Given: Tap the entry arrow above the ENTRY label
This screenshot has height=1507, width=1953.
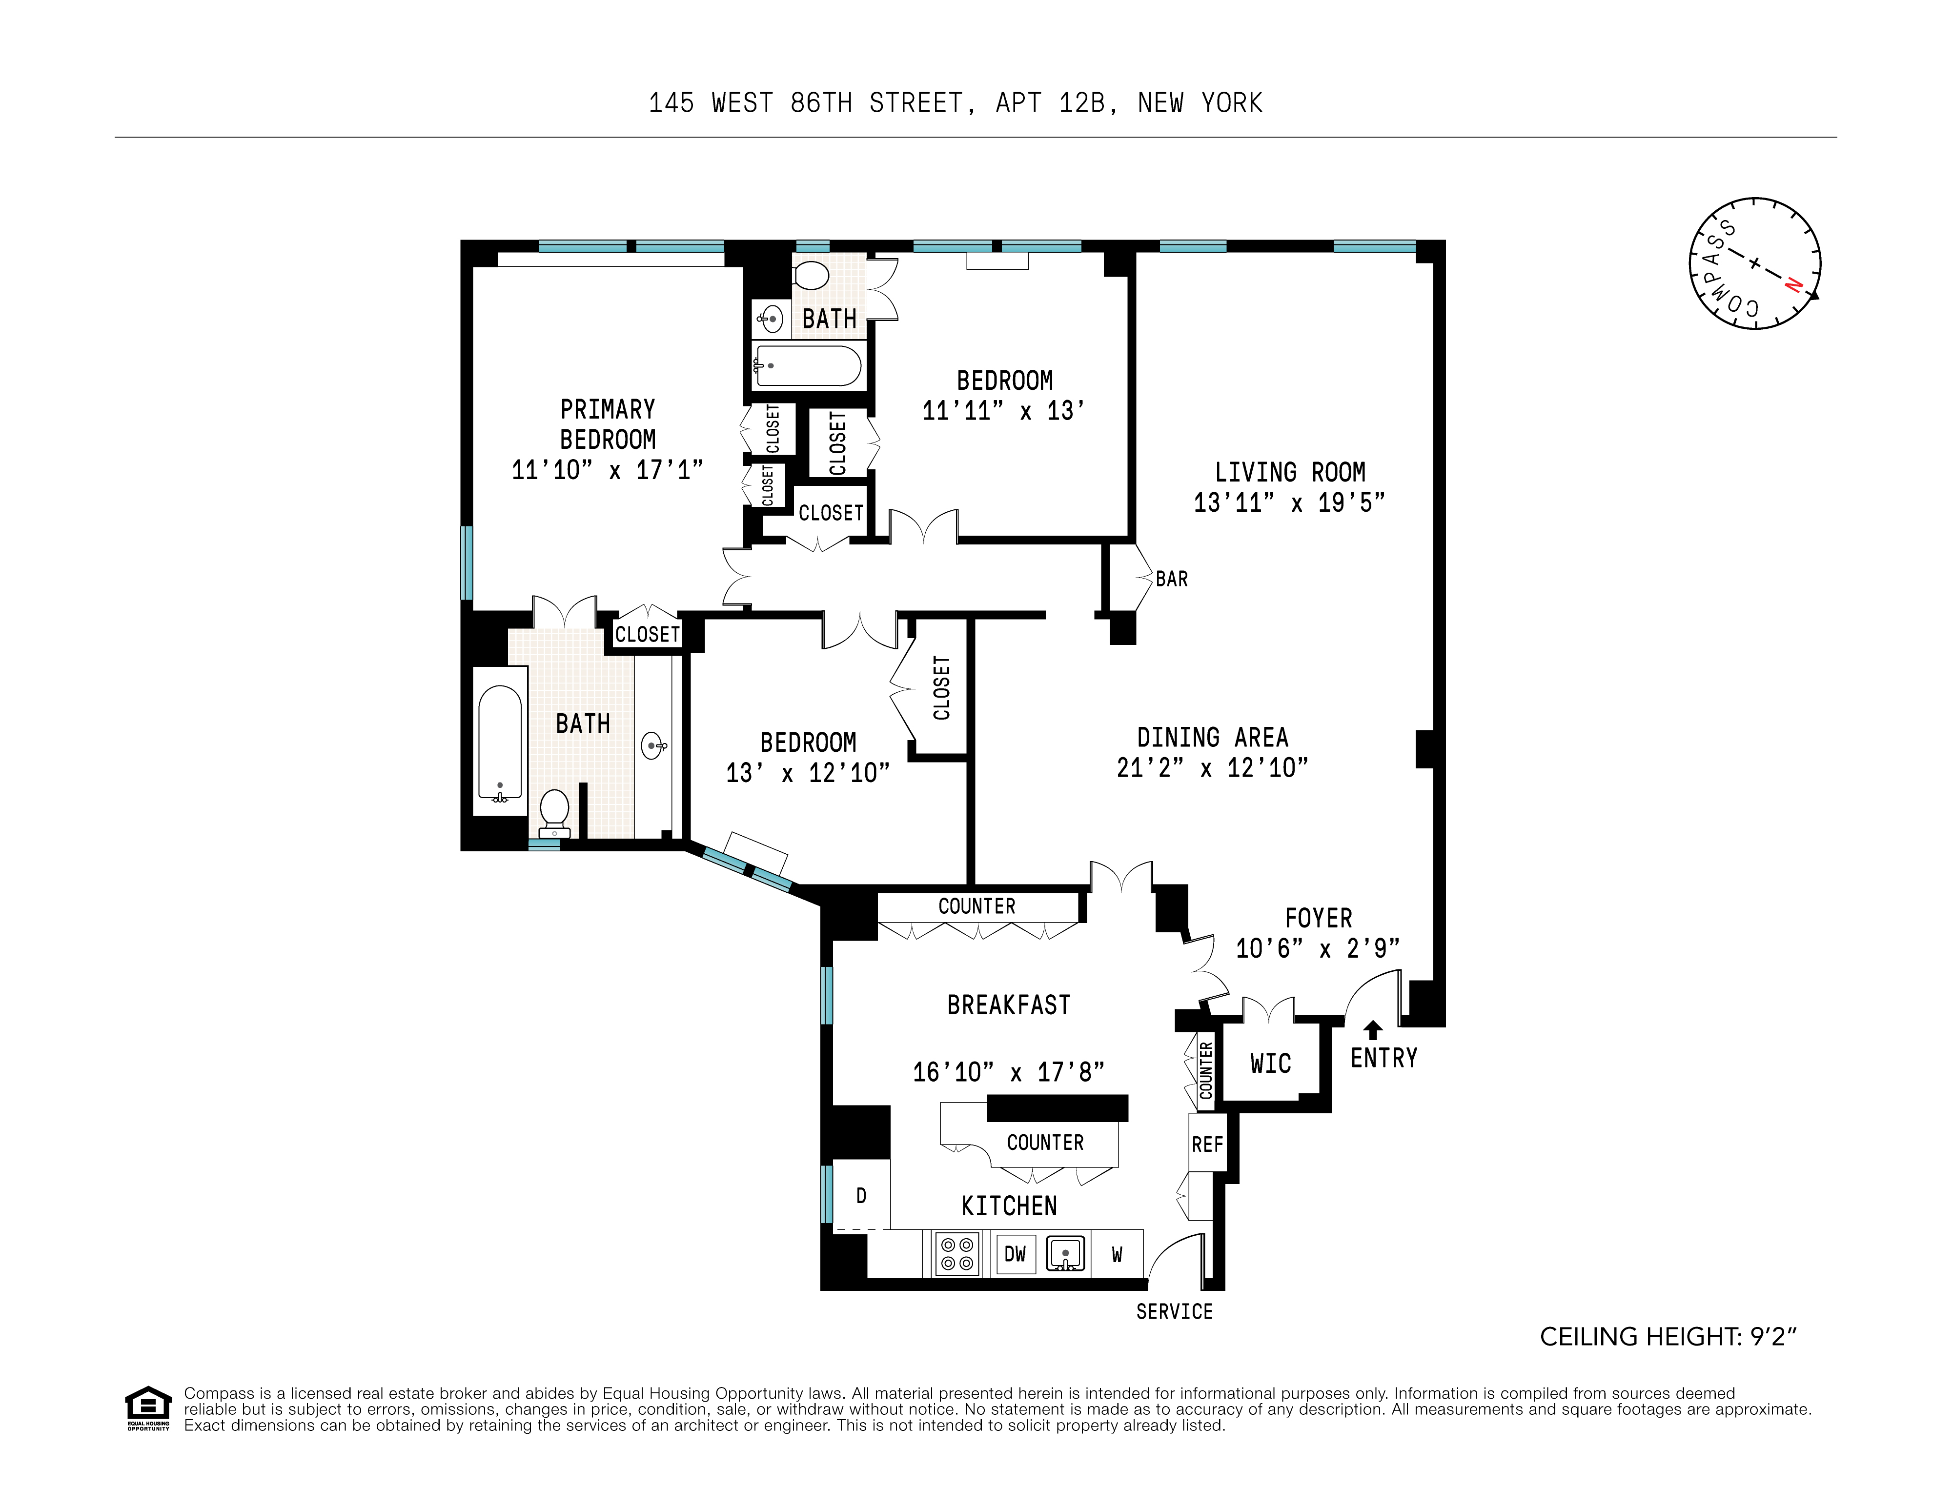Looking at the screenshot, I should click(1373, 1030).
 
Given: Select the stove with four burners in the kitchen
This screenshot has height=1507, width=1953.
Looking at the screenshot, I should click(956, 1253).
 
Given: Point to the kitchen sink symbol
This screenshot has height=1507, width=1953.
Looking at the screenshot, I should click(1065, 1253).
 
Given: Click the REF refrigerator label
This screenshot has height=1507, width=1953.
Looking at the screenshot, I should click(1207, 1144).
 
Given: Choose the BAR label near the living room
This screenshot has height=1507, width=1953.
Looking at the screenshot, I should click(1171, 579).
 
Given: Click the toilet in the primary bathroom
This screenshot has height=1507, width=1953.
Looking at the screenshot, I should click(554, 811).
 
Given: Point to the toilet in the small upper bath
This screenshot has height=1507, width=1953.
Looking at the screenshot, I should click(812, 274).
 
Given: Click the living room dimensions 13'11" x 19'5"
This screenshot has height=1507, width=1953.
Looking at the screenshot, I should click(1289, 502).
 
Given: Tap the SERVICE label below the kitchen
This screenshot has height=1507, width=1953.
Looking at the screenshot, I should click(1174, 1311).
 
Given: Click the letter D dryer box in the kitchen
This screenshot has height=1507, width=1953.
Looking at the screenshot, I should click(861, 1196).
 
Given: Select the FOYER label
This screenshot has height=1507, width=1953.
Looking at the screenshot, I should click(1318, 918).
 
